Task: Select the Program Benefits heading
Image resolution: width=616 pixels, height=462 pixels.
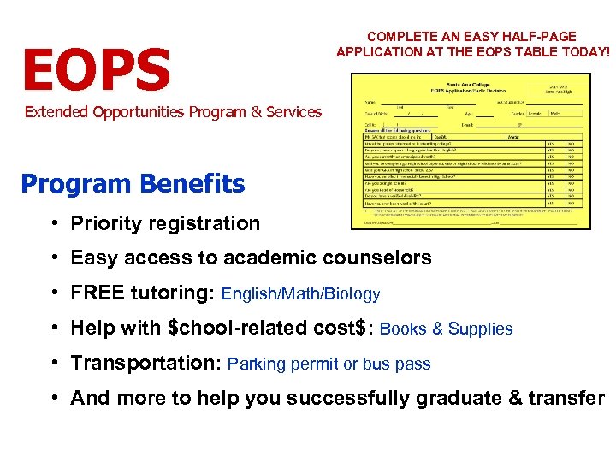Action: pos(133,184)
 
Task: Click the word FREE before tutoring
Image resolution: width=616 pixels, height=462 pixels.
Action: pos(98,293)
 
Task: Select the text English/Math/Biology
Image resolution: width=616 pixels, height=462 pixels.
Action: pos(300,294)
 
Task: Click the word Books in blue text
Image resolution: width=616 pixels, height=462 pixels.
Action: pos(402,329)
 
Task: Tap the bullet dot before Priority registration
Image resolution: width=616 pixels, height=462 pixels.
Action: pos(54,223)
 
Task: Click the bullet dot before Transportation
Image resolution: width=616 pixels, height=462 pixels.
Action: pos(54,363)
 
